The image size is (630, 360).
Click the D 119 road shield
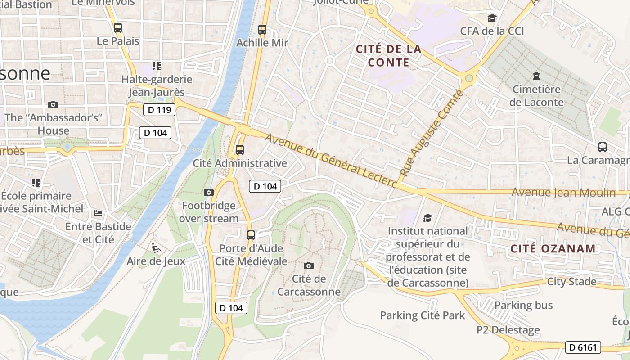pos(159,110)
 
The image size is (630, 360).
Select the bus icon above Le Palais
pos(118,27)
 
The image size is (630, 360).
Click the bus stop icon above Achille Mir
pos(262,30)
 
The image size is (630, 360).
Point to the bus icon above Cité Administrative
pos(240,150)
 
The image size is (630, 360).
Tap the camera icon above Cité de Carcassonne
pos(309,265)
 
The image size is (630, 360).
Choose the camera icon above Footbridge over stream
pos(209,193)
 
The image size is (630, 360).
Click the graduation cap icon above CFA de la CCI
pos(492,18)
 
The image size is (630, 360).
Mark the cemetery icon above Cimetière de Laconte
pos(536,76)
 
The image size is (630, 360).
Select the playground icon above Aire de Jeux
pos(156,247)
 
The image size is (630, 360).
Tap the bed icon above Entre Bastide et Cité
pos(98,213)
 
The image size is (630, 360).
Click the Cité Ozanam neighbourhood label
pos(553,248)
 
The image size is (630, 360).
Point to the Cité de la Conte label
pos(389,55)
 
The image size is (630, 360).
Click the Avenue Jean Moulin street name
pos(563,193)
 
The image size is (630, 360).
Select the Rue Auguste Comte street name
pos(431,133)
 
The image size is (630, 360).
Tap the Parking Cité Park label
pos(422,315)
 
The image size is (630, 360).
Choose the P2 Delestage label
pos(508,330)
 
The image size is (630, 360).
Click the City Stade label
pos(571,282)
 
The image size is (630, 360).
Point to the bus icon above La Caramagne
pos(603,147)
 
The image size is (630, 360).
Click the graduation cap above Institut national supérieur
pos(427,218)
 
